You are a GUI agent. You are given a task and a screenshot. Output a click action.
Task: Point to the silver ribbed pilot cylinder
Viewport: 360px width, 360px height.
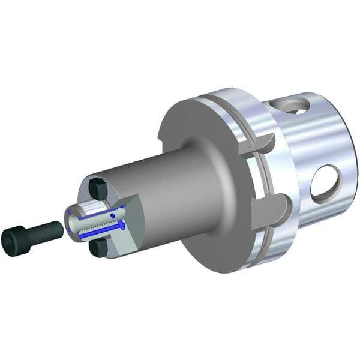(x=96, y=219)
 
